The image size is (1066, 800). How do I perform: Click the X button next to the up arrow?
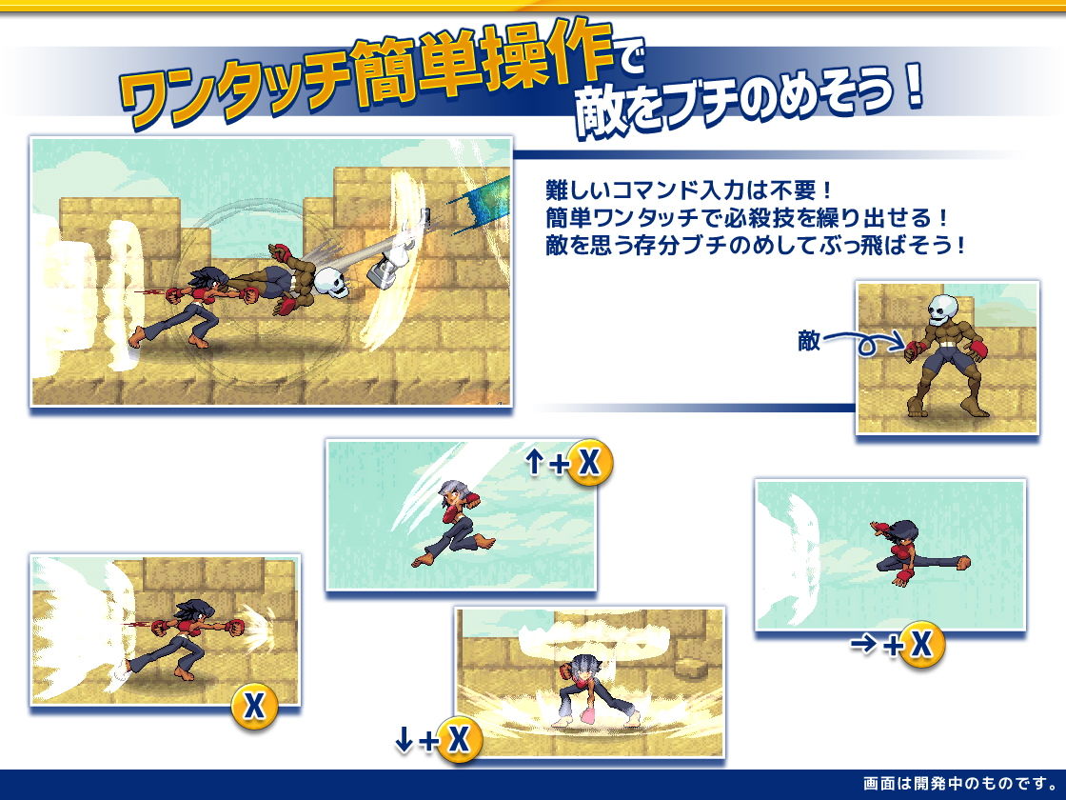pos(589,462)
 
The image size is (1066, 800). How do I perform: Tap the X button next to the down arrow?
pos(459,739)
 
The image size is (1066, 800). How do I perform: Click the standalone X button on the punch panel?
pos(254,706)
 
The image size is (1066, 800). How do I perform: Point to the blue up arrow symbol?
pos(535,462)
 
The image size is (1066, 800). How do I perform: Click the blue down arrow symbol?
pos(404,739)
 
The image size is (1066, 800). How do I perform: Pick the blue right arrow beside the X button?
pos(863,644)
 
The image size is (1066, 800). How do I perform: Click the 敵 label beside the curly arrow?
pos(809,340)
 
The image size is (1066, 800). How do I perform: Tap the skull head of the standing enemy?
pos(942,310)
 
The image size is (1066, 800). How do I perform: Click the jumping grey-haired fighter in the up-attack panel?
pos(454,524)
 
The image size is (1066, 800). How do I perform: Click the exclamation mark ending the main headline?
pos(914,86)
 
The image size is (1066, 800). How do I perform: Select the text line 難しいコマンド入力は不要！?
pos(689,190)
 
